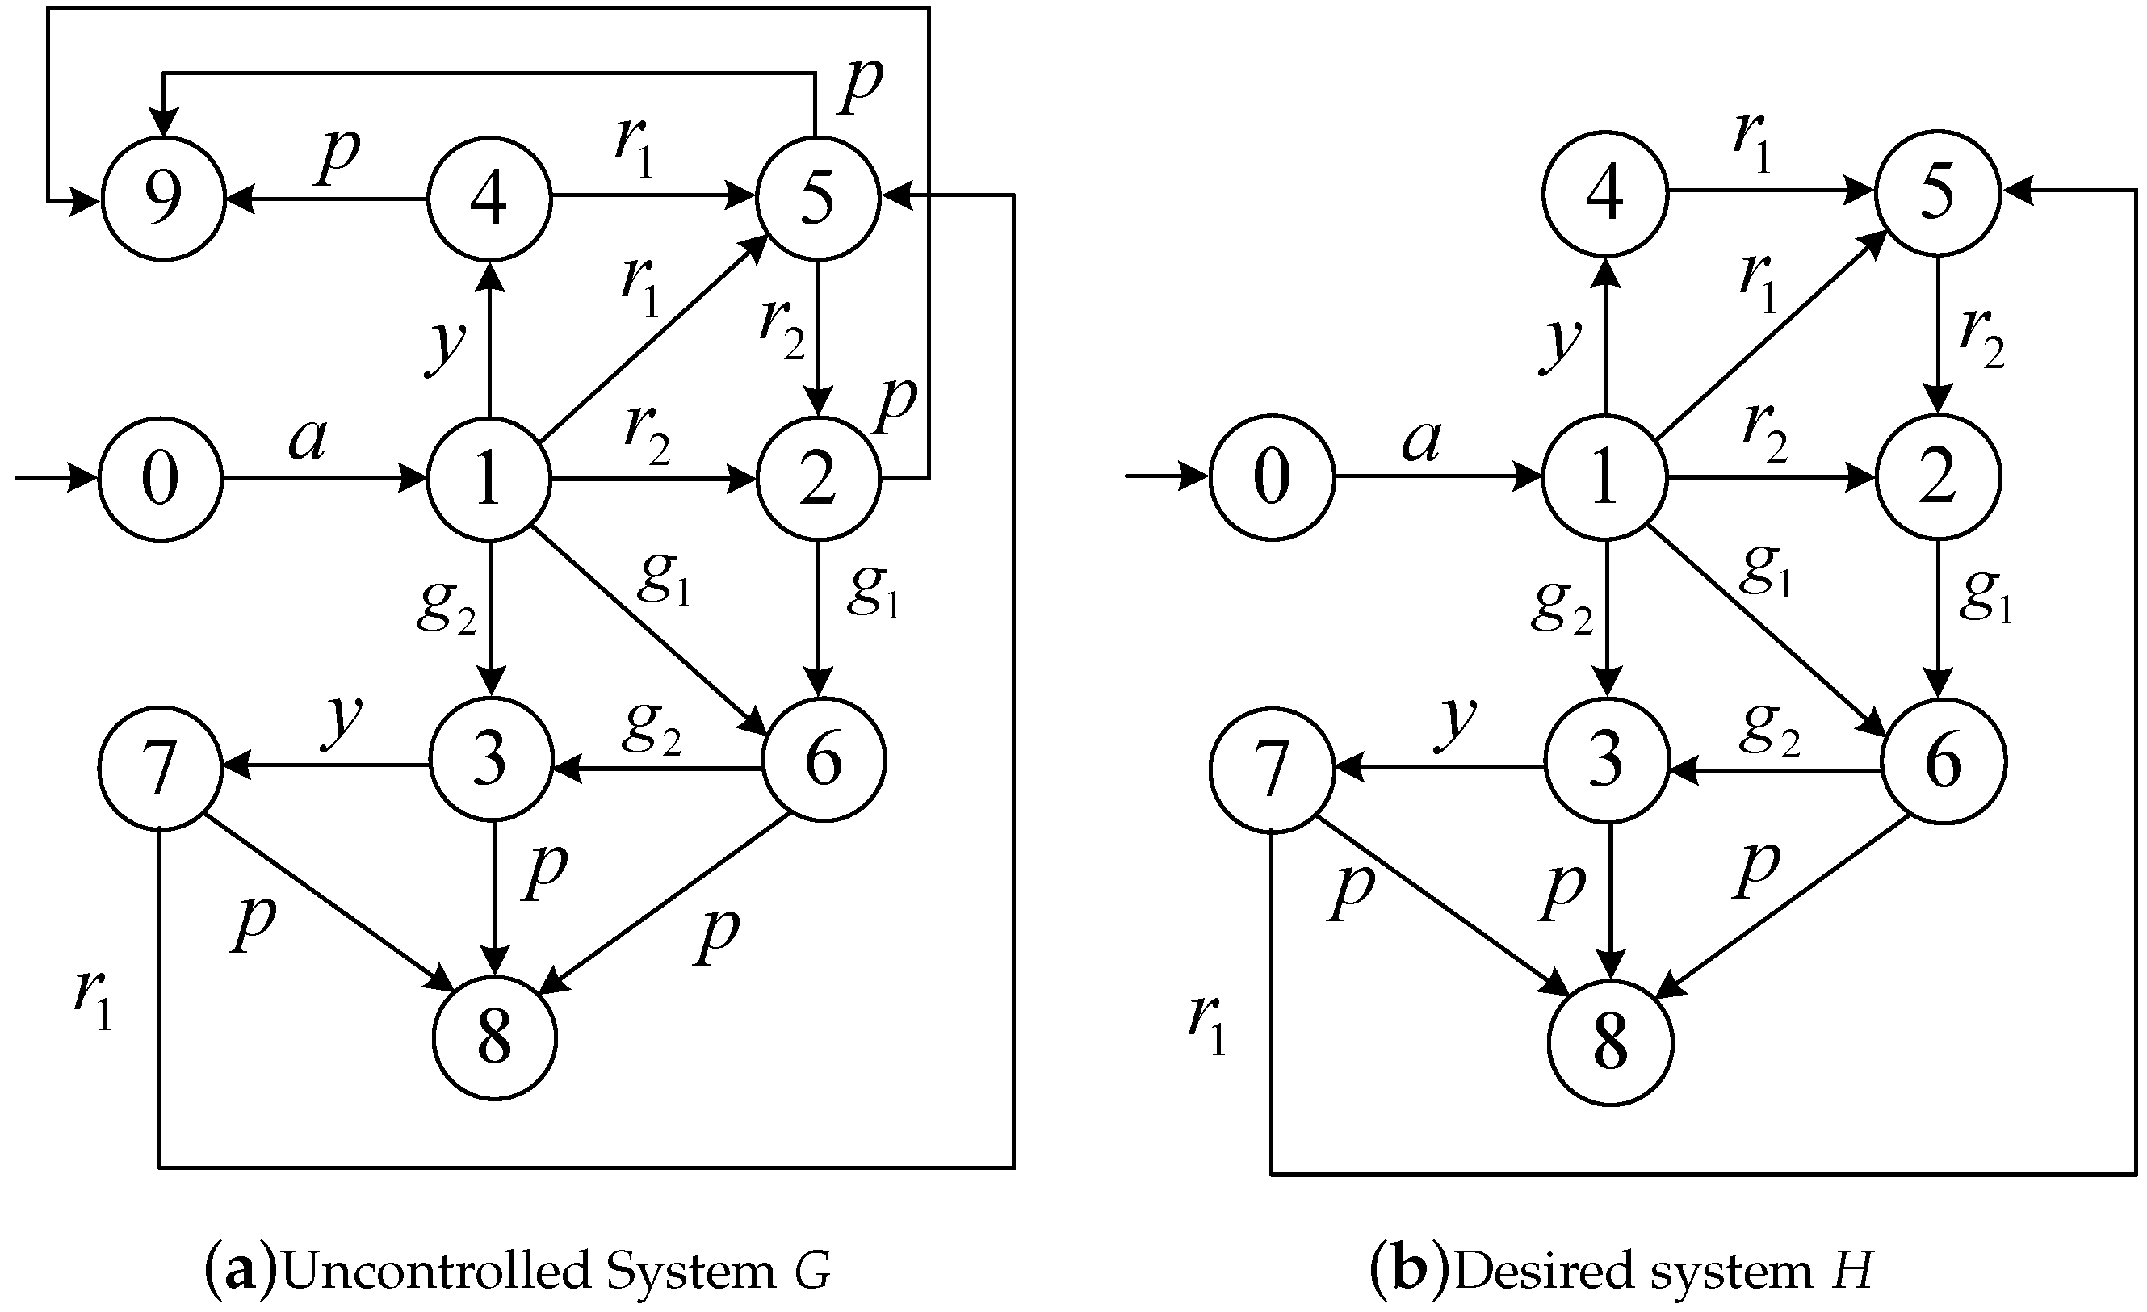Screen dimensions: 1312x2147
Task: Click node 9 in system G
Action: pos(163,199)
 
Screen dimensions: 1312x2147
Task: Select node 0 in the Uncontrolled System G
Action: pos(161,478)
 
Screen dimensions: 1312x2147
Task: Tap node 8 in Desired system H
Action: pos(1610,1043)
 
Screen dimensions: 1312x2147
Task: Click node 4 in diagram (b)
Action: pos(1604,194)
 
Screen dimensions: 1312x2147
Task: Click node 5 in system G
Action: pos(817,199)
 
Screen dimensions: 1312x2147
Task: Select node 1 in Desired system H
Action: pos(1604,477)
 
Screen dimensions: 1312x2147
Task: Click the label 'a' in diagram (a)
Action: pos(308,440)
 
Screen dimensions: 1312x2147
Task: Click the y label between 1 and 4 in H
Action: pos(1560,344)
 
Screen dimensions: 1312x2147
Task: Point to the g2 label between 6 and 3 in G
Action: pos(651,726)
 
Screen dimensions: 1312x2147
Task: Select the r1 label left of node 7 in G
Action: pos(93,1000)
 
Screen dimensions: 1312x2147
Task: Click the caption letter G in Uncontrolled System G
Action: pos(812,1270)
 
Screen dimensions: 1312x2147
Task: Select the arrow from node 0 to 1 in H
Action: pos(1438,476)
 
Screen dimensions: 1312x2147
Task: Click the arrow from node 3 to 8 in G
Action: pos(495,897)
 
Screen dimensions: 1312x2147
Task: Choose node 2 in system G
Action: pos(817,478)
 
